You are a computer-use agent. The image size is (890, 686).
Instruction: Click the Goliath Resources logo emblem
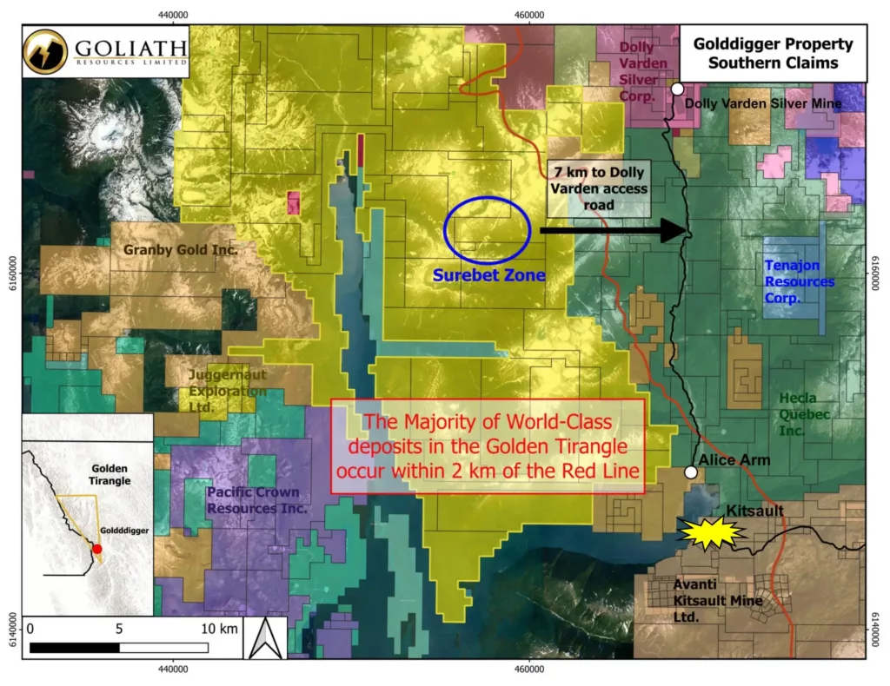pos(46,50)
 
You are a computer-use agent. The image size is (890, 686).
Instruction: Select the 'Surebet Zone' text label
pos(488,275)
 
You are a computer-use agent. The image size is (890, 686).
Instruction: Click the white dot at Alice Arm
pos(690,472)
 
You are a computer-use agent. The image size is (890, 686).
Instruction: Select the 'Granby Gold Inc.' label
pos(181,250)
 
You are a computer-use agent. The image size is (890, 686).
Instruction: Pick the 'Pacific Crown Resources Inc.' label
pos(257,500)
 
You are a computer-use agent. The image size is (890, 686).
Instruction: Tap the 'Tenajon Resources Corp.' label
pos(799,282)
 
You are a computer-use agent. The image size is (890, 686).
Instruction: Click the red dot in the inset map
pos(97,549)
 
